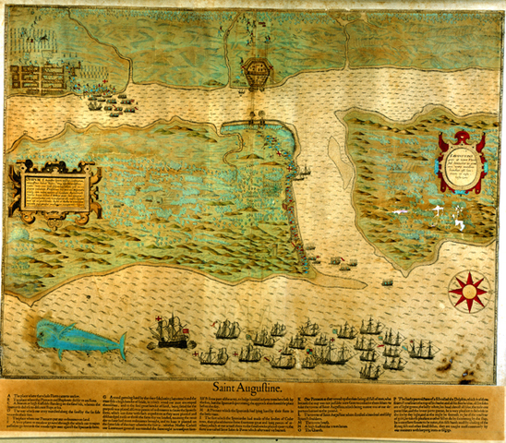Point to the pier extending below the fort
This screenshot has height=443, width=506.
255,106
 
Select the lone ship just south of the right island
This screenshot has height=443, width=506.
386,281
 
